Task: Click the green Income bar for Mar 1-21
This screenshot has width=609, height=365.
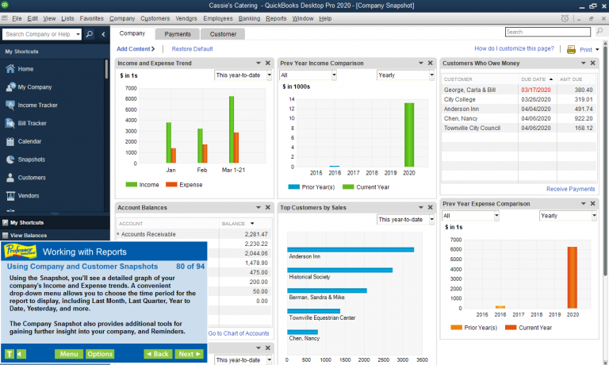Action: click(232, 129)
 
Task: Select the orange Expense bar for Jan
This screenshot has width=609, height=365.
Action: click(174, 156)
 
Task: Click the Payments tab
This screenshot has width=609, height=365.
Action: click(178, 34)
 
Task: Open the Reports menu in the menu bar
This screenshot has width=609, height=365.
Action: click(276, 18)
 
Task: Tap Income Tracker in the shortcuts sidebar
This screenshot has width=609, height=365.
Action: click(38, 105)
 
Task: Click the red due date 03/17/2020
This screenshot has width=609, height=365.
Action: click(535, 90)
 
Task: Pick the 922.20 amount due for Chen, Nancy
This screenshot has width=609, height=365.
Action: click(584, 118)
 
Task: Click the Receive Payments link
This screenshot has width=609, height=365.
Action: click(571, 189)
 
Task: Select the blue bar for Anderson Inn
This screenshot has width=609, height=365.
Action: click(350, 250)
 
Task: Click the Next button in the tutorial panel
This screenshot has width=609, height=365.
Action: click(190, 354)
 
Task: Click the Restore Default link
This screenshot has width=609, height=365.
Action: click(192, 49)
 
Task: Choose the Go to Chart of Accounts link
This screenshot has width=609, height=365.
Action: click(239, 333)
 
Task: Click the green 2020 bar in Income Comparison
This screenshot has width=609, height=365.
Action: click(409, 135)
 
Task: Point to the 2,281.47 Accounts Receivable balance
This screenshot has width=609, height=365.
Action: click(256, 234)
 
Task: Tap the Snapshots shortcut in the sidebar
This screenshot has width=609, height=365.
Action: click(32, 159)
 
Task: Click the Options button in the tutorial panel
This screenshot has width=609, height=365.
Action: click(100, 354)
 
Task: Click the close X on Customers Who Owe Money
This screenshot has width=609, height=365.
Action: click(592, 63)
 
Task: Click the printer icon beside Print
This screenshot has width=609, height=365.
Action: click(571, 49)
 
